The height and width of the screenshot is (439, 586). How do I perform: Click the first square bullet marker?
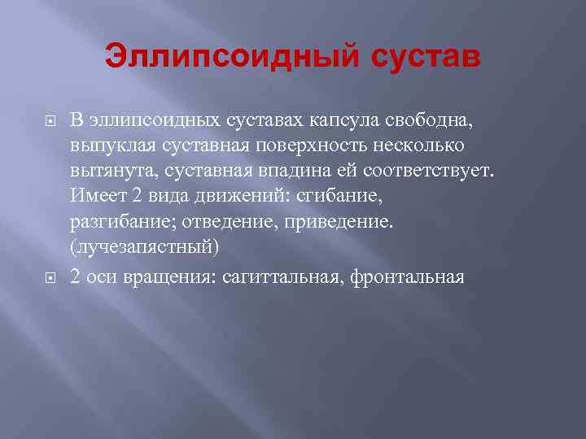[x=50, y=122]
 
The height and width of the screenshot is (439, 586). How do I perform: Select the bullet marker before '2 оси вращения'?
[x=50, y=278]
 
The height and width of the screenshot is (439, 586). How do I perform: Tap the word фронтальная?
[x=407, y=277]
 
